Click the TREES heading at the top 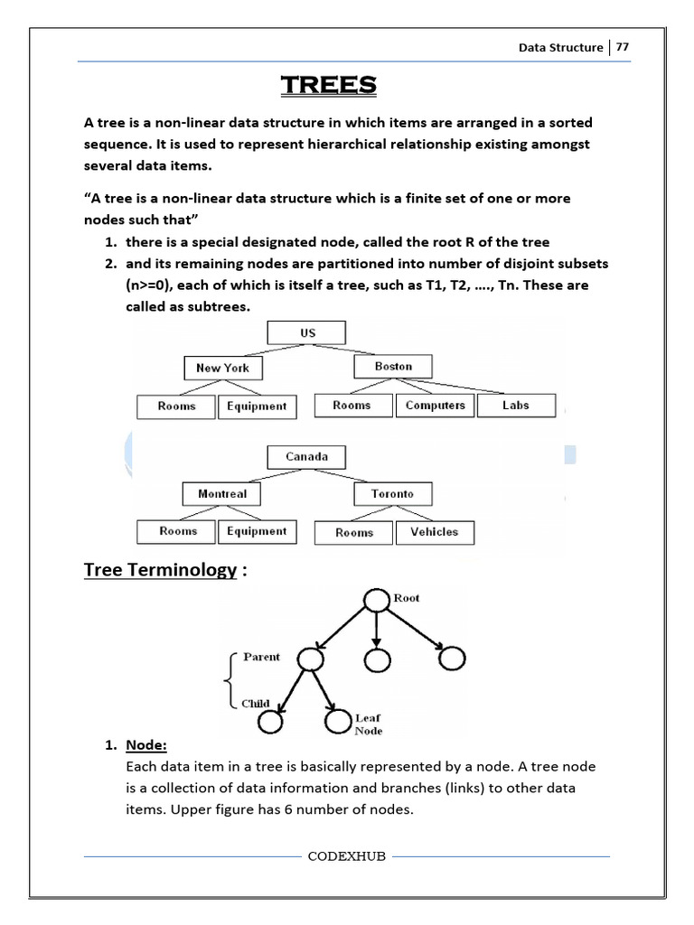click(x=328, y=85)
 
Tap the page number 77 click(x=623, y=48)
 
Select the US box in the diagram click(x=307, y=333)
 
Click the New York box click(x=222, y=368)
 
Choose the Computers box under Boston click(x=435, y=406)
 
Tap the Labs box click(x=516, y=406)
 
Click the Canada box click(x=306, y=457)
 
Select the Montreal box click(x=222, y=494)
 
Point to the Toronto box click(x=392, y=494)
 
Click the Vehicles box click(x=434, y=532)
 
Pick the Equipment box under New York click(x=257, y=406)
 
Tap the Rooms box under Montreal click(x=177, y=531)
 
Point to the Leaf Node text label click(x=369, y=724)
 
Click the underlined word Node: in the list click(x=147, y=745)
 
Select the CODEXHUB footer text click(x=347, y=856)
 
